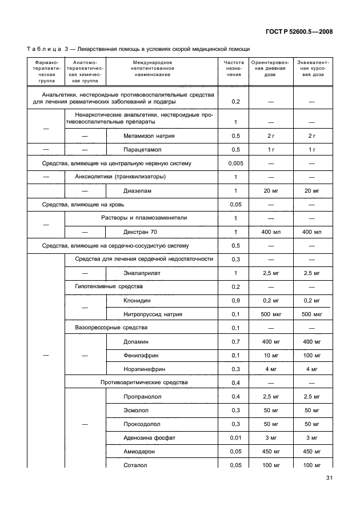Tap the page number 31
coord(329,478)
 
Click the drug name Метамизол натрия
coord(149,136)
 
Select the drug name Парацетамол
coord(142,150)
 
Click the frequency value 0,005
coord(235,164)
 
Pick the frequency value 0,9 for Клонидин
coord(235,300)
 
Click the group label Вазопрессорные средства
coord(111,328)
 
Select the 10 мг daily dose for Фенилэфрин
coord(270,355)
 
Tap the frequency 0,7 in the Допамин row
coord(235,341)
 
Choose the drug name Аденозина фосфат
coord(149,437)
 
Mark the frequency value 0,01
coord(235,437)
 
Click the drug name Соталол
coord(135,465)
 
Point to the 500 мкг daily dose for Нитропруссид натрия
coord(270,314)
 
